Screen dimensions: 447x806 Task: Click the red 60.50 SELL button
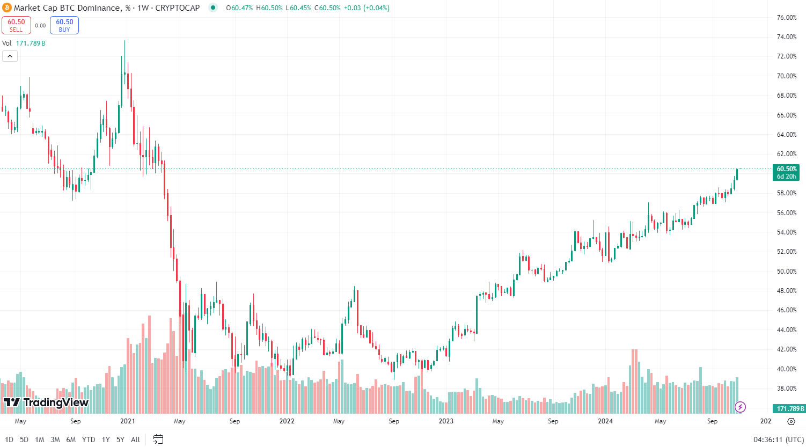pyautogui.click(x=16, y=25)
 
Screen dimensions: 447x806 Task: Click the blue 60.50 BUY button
pyautogui.click(x=64, y=25)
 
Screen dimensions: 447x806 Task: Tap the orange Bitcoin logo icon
pyautogui.click(x=6, y=8)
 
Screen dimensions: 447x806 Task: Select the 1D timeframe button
pyautogui.click(x=9, y=439)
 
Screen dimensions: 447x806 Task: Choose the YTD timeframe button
pyautogui.click(x=88, y=439)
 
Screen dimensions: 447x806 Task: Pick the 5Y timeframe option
pyautogui.click(x=120, y=439)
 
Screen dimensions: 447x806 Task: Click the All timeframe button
pyautogui.click(x=135, y=439)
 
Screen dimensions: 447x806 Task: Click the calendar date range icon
pyautogui.click(x=158, y=439)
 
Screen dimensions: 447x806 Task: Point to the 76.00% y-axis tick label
pyautogui.click(x=787, y=18)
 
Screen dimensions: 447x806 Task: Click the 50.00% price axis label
pyautogui.click(x=787, y=272)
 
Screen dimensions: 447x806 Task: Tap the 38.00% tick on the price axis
pyautogui.click(x=787, y=389)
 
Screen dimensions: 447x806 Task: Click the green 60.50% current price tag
pyautogui.click(x=786, y=172)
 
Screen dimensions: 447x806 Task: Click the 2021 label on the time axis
pyautogui.click(x=128, y=421)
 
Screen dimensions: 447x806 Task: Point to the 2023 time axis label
pyautogui.click(x=446, y=421)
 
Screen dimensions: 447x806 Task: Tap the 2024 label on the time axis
pyautogui.click(x=605, y=421)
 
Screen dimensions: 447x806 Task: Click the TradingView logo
pyautogui.click(x=46, y=402)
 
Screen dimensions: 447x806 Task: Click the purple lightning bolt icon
pyautogui.click(x=740, y=407)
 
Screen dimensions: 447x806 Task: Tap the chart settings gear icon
pyautogui.click(x=791, y=421)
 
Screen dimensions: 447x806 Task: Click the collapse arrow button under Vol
pyautogui.click(x=10, y=56)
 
